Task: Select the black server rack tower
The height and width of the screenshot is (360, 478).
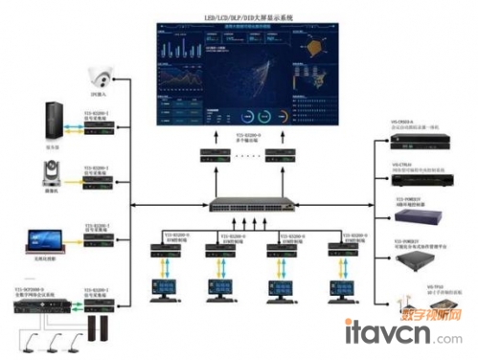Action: [51, 122]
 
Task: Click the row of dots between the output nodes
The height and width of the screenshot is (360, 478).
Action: [248, 154]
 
